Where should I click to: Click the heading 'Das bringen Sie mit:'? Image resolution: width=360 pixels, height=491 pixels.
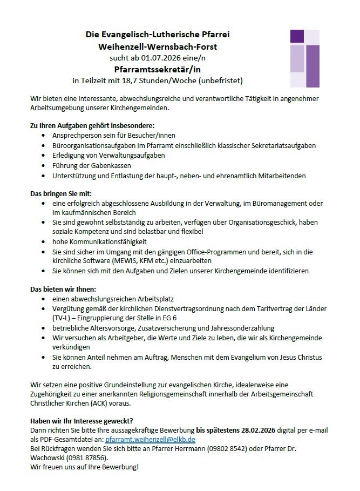click(x=60, y=194)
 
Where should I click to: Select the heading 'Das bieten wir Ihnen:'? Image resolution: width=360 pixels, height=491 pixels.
click(x=63, y=289)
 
